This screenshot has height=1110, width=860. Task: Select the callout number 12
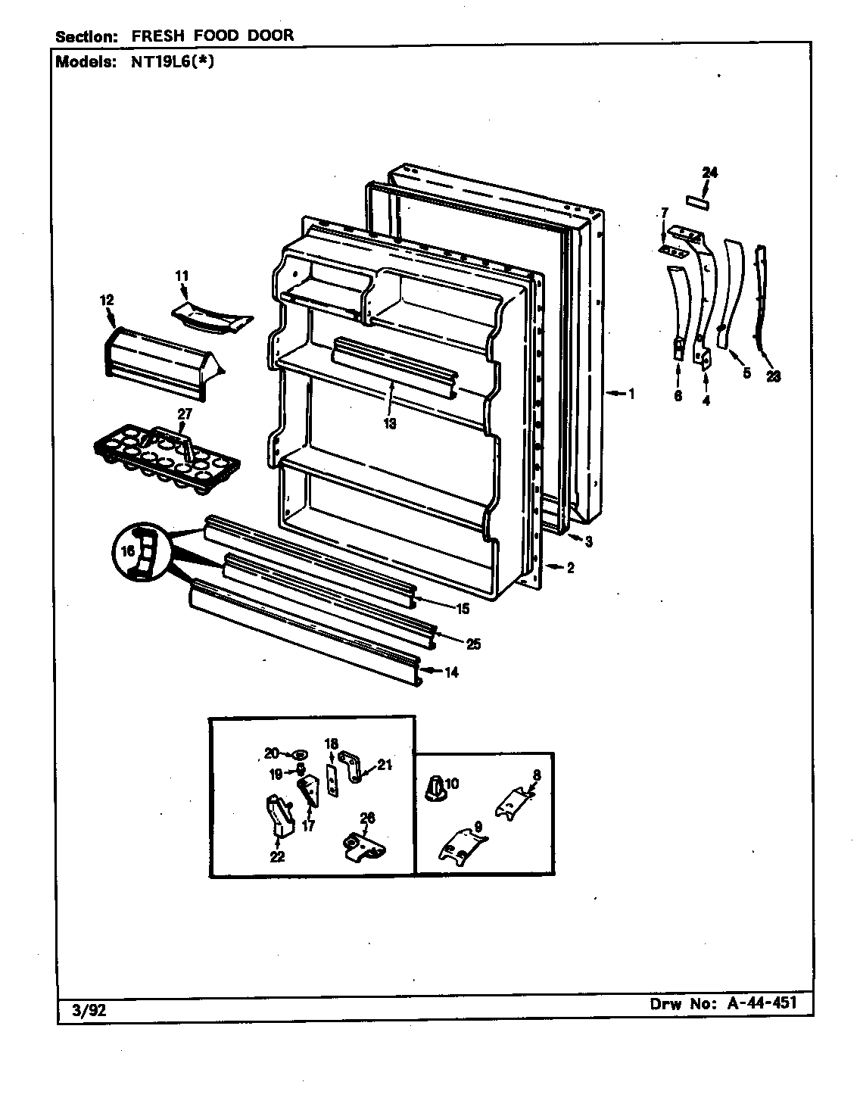106,301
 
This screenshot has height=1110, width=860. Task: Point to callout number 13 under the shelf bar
389,424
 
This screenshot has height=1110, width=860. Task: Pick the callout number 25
473,644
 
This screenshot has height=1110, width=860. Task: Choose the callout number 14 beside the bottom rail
450,672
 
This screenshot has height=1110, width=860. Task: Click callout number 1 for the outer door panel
631,394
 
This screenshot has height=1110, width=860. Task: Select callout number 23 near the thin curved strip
773,376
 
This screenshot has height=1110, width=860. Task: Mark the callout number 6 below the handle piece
678,395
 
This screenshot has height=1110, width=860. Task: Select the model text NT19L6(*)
165,63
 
